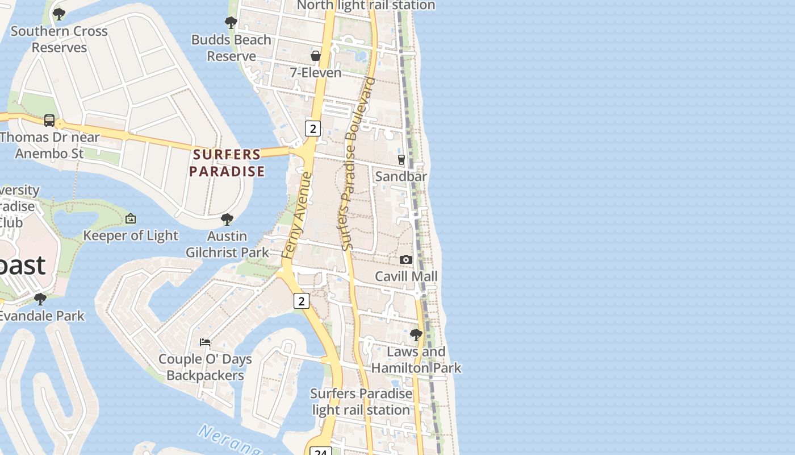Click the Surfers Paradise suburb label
227,163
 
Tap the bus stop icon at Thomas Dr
49,121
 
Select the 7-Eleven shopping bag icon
316,56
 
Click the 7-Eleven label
316,73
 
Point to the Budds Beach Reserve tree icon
231,23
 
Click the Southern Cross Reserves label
59,39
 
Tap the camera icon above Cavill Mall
405,260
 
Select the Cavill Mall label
406,276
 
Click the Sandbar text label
401,176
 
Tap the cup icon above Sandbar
401,160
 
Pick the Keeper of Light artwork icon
131,218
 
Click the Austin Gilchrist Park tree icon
227,220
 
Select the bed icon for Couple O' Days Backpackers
205,342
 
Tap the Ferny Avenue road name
298,216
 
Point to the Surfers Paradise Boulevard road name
355,165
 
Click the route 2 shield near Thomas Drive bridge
312,129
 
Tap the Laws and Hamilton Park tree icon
416,335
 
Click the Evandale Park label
42,316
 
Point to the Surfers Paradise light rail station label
361,402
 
